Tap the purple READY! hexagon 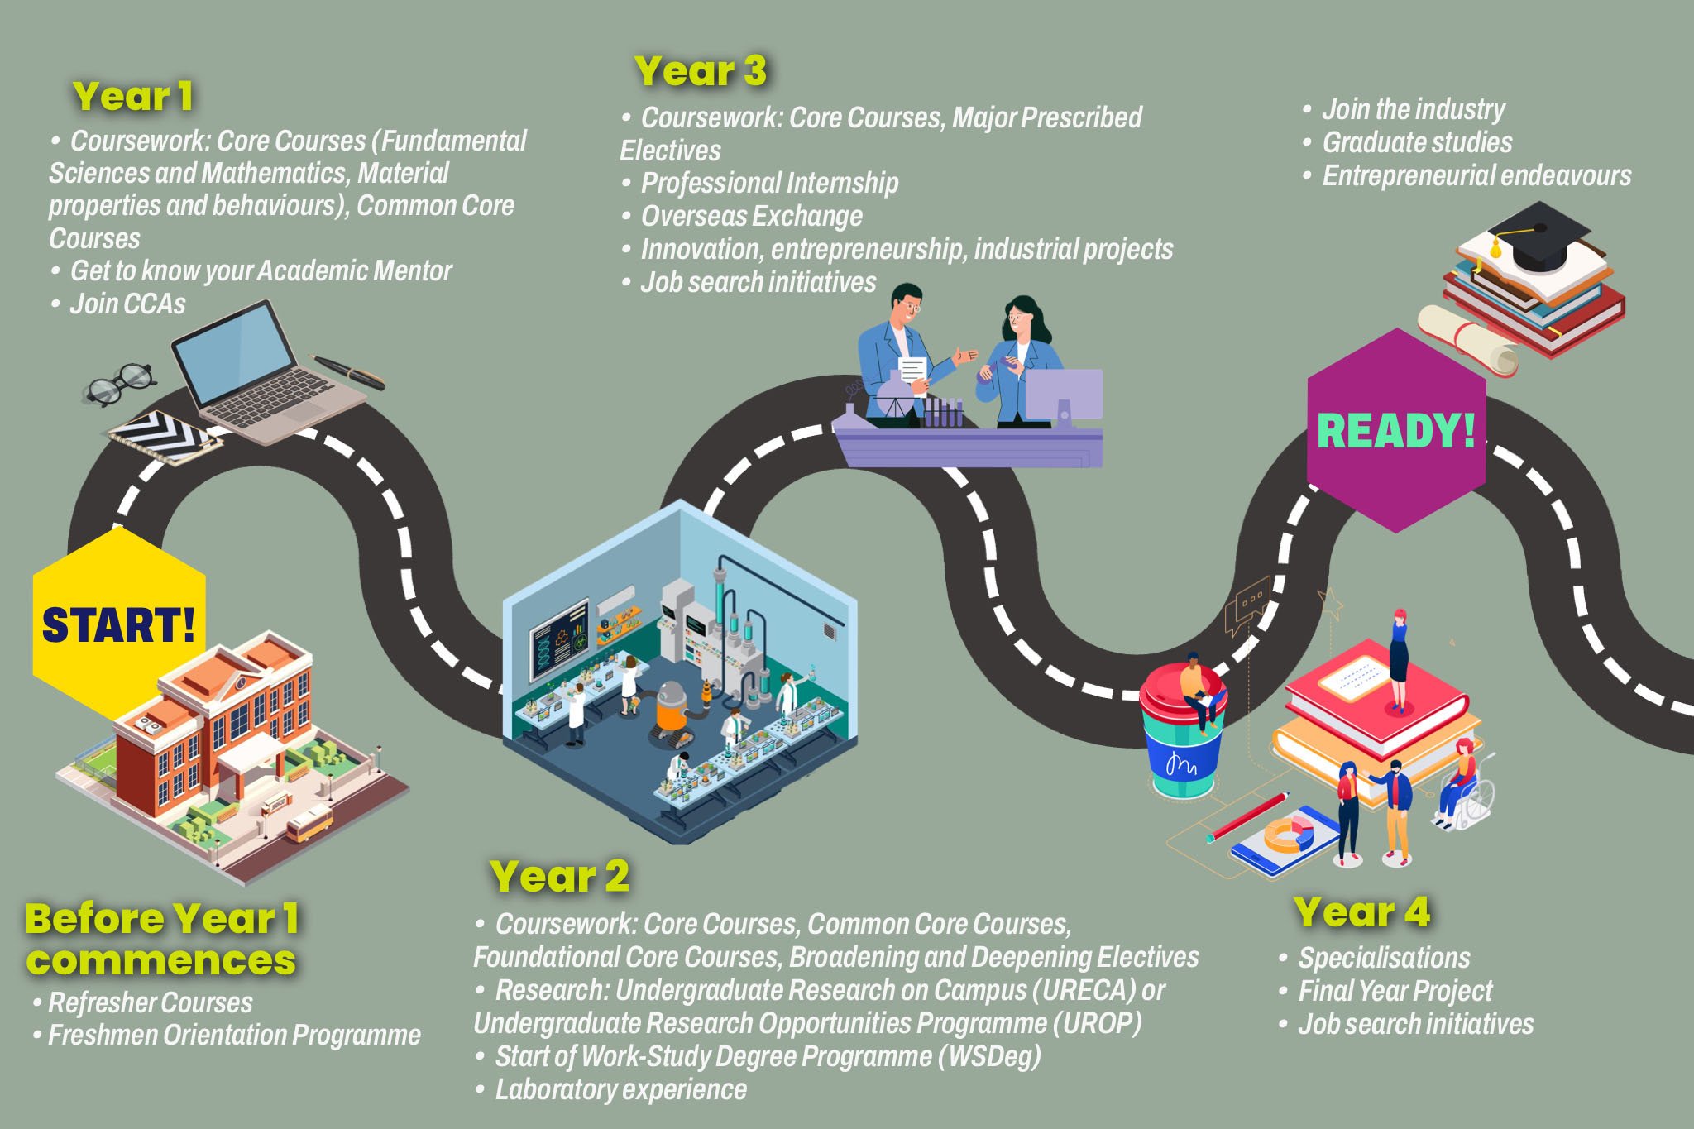point(1395,430)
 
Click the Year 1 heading point(133,96)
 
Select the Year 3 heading point(700,71)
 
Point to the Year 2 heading point(559,877)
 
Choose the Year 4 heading point(1361,912)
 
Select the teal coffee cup point(1183,736)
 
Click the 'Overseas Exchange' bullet point(751,216)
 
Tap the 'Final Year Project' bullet point(1395,990)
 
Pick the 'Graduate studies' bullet point(1416,142)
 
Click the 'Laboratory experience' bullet point(620,1089)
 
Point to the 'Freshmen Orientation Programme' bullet point(234,1035)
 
